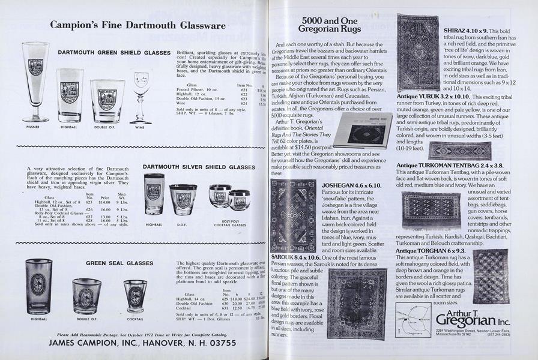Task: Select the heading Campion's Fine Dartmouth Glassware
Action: (x=138, y=25)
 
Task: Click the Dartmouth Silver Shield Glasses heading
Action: (x=199, y=167)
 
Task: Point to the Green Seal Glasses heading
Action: (x=119, y=263)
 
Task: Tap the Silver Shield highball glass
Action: (x=154, y=193)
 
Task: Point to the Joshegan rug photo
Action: (x=293, y=215)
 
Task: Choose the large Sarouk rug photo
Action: (x=357, y=304)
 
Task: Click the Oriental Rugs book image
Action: (x=363, y=130)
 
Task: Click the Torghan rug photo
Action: (x=491, y=276)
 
